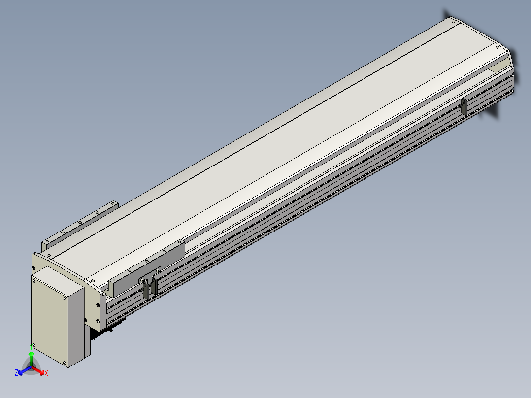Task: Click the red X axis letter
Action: (46, 373)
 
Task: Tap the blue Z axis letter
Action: (16, 373)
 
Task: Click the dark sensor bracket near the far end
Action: (464, 107)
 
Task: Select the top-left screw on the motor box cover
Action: (33, 280)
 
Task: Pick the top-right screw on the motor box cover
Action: (65, 299)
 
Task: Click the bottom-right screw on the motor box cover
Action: (65, 363)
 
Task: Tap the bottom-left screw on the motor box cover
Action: (33, 345)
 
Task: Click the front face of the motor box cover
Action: (49, 321)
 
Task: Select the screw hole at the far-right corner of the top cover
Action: (497, 47)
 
